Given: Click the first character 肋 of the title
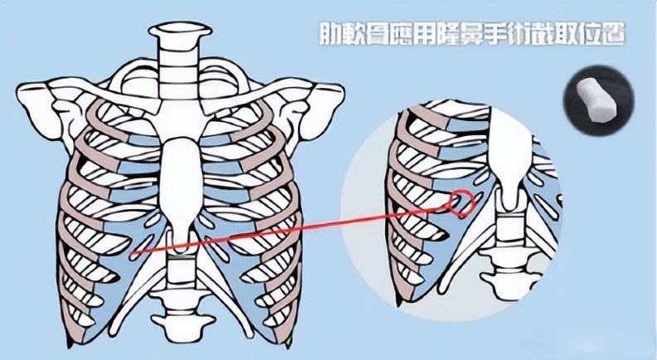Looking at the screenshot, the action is (x=332, y=33).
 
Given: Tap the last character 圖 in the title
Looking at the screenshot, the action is (x=612, y=33).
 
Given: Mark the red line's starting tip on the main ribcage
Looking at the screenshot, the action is (x=132, y=254).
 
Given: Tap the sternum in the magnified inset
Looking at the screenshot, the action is (x=509, y=155).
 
